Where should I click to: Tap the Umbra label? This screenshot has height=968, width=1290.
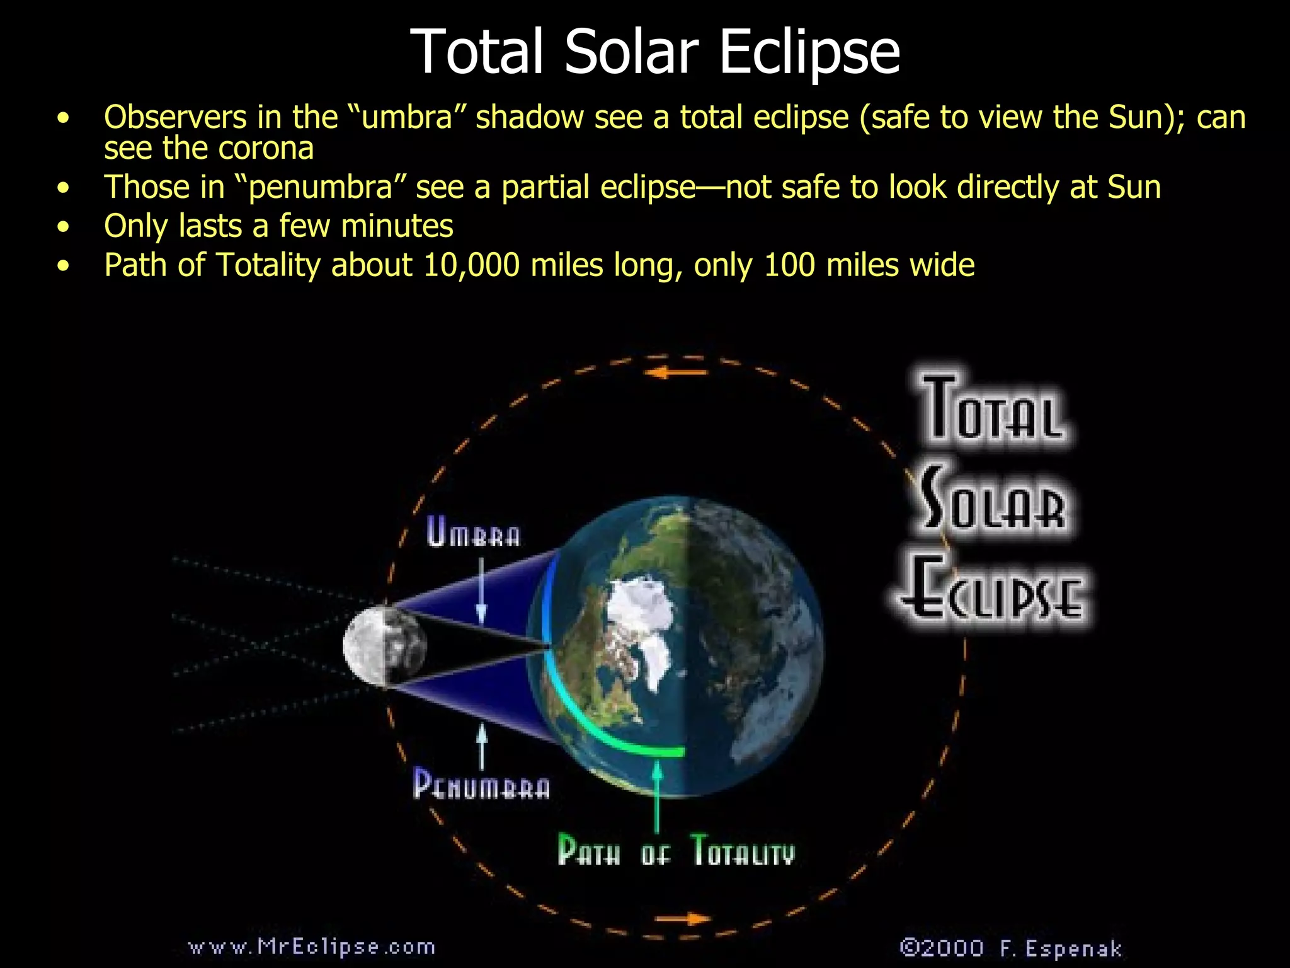pos(474,533)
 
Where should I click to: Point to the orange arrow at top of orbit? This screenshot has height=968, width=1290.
pos(679,373)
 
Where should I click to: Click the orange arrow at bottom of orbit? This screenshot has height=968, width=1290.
pos(682,918)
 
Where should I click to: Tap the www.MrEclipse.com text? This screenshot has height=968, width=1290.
pos(312,947)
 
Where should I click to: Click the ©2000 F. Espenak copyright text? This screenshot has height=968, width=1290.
pos(1010,948)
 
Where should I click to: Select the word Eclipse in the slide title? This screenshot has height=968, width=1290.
pos(809,52)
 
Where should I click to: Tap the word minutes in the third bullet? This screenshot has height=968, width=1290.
pos(397,226)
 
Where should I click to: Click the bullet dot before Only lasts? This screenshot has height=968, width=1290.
pos(62,227)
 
